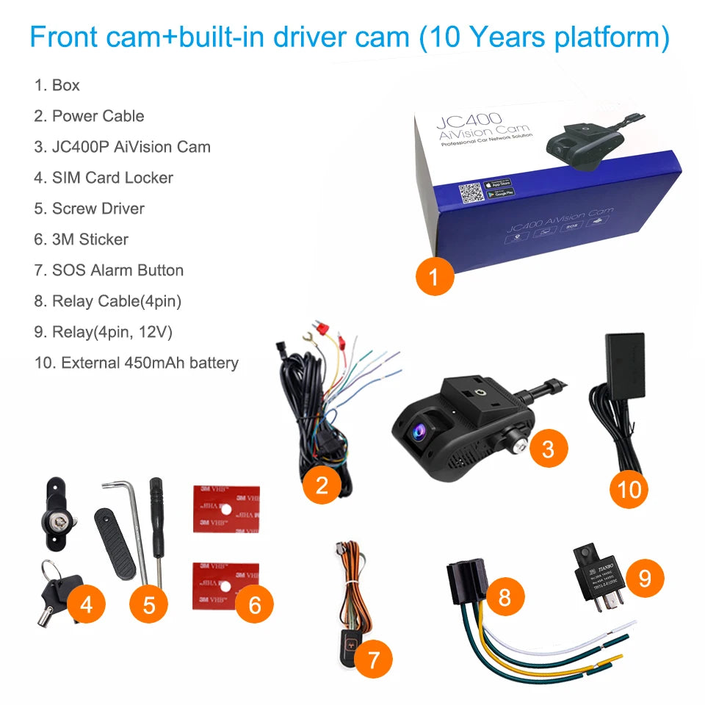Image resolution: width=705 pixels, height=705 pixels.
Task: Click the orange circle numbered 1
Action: tap(433, 277)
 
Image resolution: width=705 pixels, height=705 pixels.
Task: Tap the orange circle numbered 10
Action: tap(630, 489)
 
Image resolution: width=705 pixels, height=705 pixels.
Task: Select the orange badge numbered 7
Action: tap(373, 660)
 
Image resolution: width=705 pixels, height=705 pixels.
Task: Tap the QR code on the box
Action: tap(470, 195)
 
